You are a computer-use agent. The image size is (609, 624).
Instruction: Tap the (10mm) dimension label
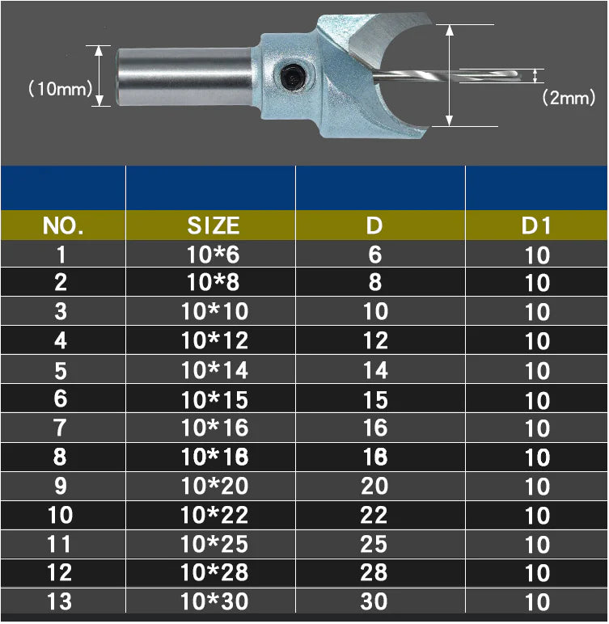pyautogui.click(x=60, y=89)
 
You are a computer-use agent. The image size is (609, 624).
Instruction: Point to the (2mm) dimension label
pyautogui.click(x=568, y=98)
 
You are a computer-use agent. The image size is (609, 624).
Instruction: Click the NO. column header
pyautogui.click(x=63, y=226)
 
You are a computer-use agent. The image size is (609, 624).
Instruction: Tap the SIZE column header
pyautogui.click(x=214, y=226)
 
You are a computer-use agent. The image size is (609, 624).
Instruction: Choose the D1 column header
pyautogui.click(x=536, y=226)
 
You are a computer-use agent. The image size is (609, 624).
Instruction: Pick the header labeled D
pyautogui.click(x=374, y=226)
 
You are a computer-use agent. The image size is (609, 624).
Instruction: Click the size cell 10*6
pyautogui.click(x=214, y=255)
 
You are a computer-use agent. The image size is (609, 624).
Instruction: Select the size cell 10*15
pyautogui.click(x=214, y=399)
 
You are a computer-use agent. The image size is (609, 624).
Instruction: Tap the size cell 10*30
pyautogui.click(x=214, y=601)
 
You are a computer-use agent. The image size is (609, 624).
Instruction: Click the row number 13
pyautogui.click(x=60, y=601)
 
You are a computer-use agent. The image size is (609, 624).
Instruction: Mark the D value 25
pyautogui.click(x=374, y=544)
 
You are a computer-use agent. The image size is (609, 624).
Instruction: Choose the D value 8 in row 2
pyautogui.click(x=374, y=283)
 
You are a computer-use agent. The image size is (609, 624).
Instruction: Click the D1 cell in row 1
pyautogui.click(x=537, y=255)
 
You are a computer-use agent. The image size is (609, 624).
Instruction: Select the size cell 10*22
pyautogui.click(x=214, y=515)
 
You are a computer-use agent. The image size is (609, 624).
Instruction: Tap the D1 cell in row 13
pyautogui.click(x=537, y=602)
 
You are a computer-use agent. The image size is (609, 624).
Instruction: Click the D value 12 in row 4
pyautogui.click(x=374, y=341)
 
